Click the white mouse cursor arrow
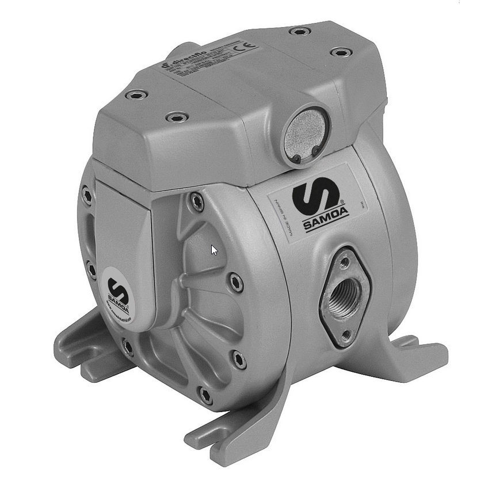click(213, 250)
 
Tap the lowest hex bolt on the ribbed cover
click(205, 394)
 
